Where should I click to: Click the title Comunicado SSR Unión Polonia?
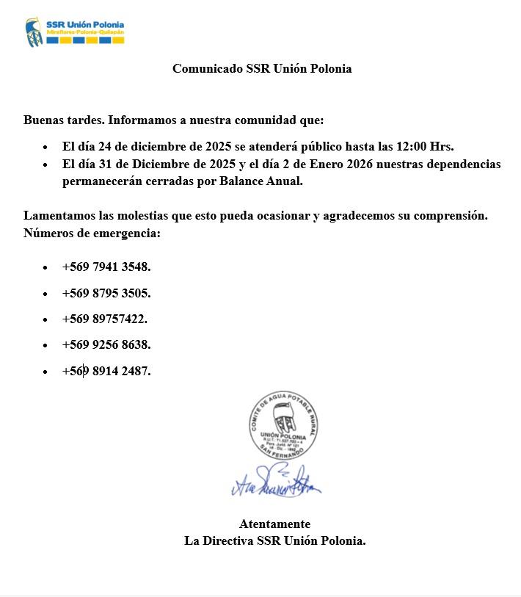(262, 69)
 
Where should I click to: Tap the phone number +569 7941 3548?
(106, 267)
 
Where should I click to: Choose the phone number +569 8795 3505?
(106, 293)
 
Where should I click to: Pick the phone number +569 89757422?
(104, 319)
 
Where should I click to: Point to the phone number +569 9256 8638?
(106, 344)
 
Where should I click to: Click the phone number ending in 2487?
(106, 371)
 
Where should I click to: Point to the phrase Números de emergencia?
(92, 234)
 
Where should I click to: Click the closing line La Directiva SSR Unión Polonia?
(274, 541)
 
